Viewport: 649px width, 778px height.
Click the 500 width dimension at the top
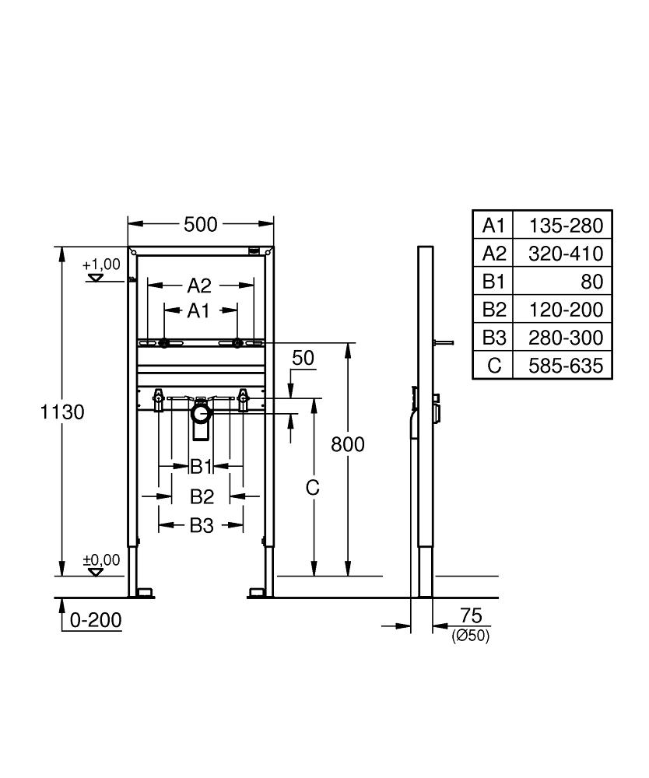click(x=200, y=225)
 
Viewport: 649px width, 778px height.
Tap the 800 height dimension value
click(x=348, y=444)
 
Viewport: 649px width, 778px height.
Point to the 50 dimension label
click(x=303, y=358)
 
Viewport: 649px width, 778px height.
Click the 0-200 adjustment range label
click(x=95, y=620)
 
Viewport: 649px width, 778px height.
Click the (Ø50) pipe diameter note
click(x=470, y=636)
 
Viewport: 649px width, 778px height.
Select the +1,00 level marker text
click(x=101, y=265)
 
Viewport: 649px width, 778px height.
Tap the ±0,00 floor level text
click(x=101, y=559)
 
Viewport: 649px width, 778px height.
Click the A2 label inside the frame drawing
click(x=200, y=286)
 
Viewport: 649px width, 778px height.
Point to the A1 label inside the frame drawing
click(x=200, y=311)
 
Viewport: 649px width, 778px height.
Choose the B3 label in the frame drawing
click(x=201, y=526)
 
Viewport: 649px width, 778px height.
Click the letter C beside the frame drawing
click(x=312, y=488)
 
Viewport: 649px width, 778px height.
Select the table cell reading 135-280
click(x=566, y=226)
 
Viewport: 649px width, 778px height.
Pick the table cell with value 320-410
click(x=566, y=254)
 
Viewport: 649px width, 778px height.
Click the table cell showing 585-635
click(x=566, y=366)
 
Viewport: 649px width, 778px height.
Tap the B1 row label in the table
click(x=494, y=282)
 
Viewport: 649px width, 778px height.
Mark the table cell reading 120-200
click(x=566, y=310)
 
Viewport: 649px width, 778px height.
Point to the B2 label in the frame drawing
click(x=202, y=496)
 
